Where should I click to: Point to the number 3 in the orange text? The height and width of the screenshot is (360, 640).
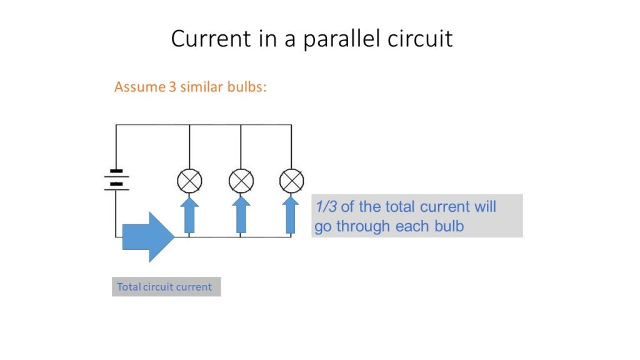tap(172, 87)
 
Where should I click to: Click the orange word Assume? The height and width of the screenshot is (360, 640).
tap(139, 87)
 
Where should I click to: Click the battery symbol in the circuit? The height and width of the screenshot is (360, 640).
tap(116, 181)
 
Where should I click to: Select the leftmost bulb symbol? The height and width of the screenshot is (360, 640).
tap(189, 181)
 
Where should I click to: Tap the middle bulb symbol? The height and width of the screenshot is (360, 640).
tap(241, 181)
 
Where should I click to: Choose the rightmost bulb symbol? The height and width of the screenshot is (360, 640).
tap(291, 181)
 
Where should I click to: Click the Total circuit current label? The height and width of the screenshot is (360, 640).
tap(165, 287)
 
